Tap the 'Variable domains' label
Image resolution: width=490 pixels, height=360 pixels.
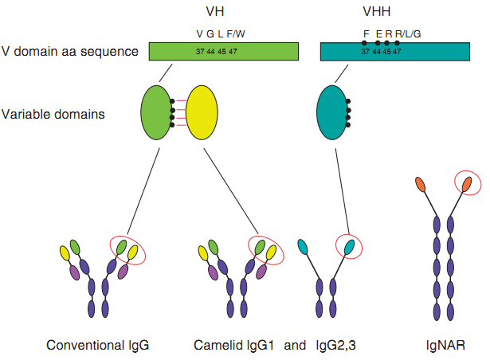pos(54,113)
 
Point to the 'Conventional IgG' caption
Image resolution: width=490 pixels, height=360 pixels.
pos(98,346)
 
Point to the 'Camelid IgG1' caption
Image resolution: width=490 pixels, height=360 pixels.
pos(234,346)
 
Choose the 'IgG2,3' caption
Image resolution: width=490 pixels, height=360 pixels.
pos(335,346)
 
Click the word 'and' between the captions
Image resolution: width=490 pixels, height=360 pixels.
pos(295,346)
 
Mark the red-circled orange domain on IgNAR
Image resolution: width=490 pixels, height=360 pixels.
pos(466,184)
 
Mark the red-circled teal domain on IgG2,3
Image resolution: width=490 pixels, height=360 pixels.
pos(348,246)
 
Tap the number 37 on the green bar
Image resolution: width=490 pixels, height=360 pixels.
pos(200,51)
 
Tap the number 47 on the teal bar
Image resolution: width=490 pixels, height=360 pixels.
pos(397,51)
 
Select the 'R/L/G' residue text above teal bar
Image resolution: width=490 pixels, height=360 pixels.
pos(407,33)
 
